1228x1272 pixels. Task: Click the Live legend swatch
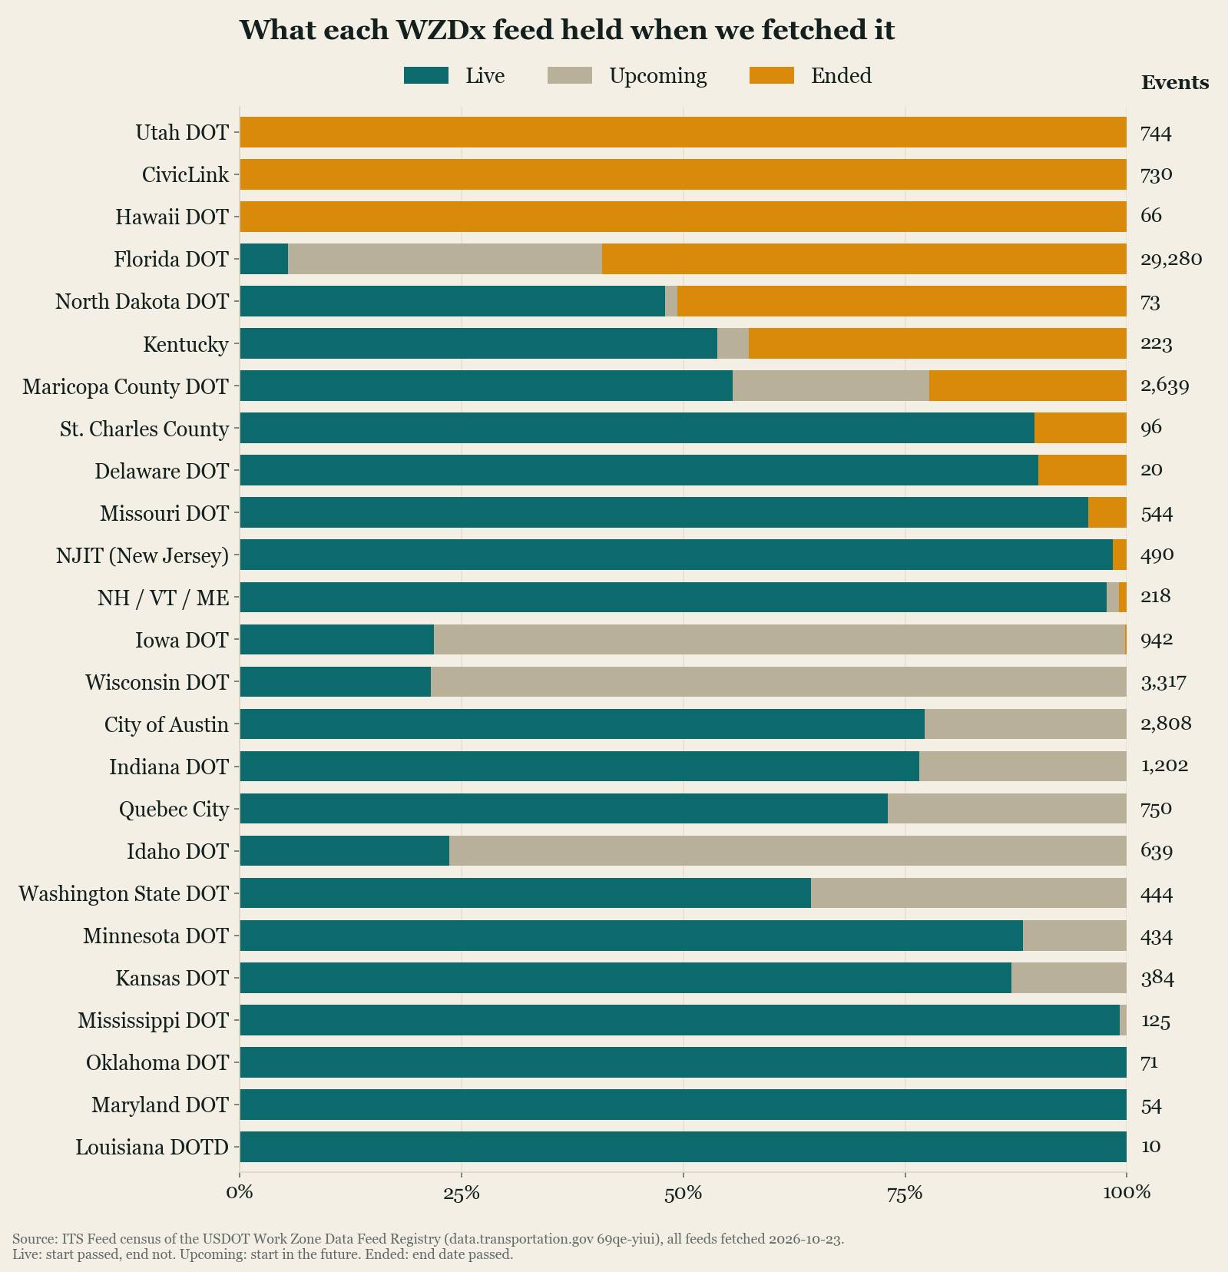425,75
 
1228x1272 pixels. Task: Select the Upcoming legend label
657,76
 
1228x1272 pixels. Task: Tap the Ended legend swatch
772,75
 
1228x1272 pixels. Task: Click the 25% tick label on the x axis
462,1193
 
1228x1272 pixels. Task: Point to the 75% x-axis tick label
905,1193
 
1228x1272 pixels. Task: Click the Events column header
1175,83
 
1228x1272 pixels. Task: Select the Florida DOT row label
171,260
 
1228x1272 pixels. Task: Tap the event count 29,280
1171,260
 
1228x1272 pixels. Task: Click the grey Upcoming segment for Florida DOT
445,259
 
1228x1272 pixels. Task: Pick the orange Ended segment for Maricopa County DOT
1028,386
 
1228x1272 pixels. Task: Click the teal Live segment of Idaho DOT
345,850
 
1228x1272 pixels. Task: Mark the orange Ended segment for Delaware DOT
1082,470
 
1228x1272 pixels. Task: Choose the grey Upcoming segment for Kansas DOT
1069,978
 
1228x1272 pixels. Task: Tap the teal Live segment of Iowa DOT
337,639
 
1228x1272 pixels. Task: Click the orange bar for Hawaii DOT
684,217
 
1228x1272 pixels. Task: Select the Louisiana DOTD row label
152,1148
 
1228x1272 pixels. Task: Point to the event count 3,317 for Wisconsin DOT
1163,682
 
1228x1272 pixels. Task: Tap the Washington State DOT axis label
124,894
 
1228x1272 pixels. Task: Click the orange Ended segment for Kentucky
938,343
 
